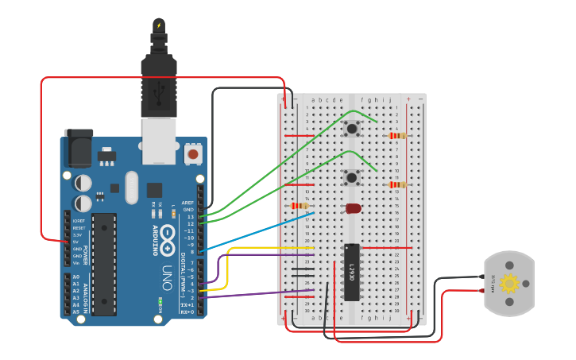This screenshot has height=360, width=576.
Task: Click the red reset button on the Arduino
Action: click(x=192, y=153)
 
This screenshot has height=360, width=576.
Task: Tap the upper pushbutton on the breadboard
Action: click(x=351, y=128)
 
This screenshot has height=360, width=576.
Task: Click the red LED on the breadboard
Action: click(x=354, y=208)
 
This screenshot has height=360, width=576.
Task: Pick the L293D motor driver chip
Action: click(x=351, y=272)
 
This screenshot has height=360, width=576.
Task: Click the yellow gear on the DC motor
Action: click(x=509, y=283)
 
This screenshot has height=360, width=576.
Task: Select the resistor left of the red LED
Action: click(x=300, y=206)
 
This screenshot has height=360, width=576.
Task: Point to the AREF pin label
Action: click(x=188, y=203)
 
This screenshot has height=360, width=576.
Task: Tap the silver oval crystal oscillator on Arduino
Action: click(x=131, y=188)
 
